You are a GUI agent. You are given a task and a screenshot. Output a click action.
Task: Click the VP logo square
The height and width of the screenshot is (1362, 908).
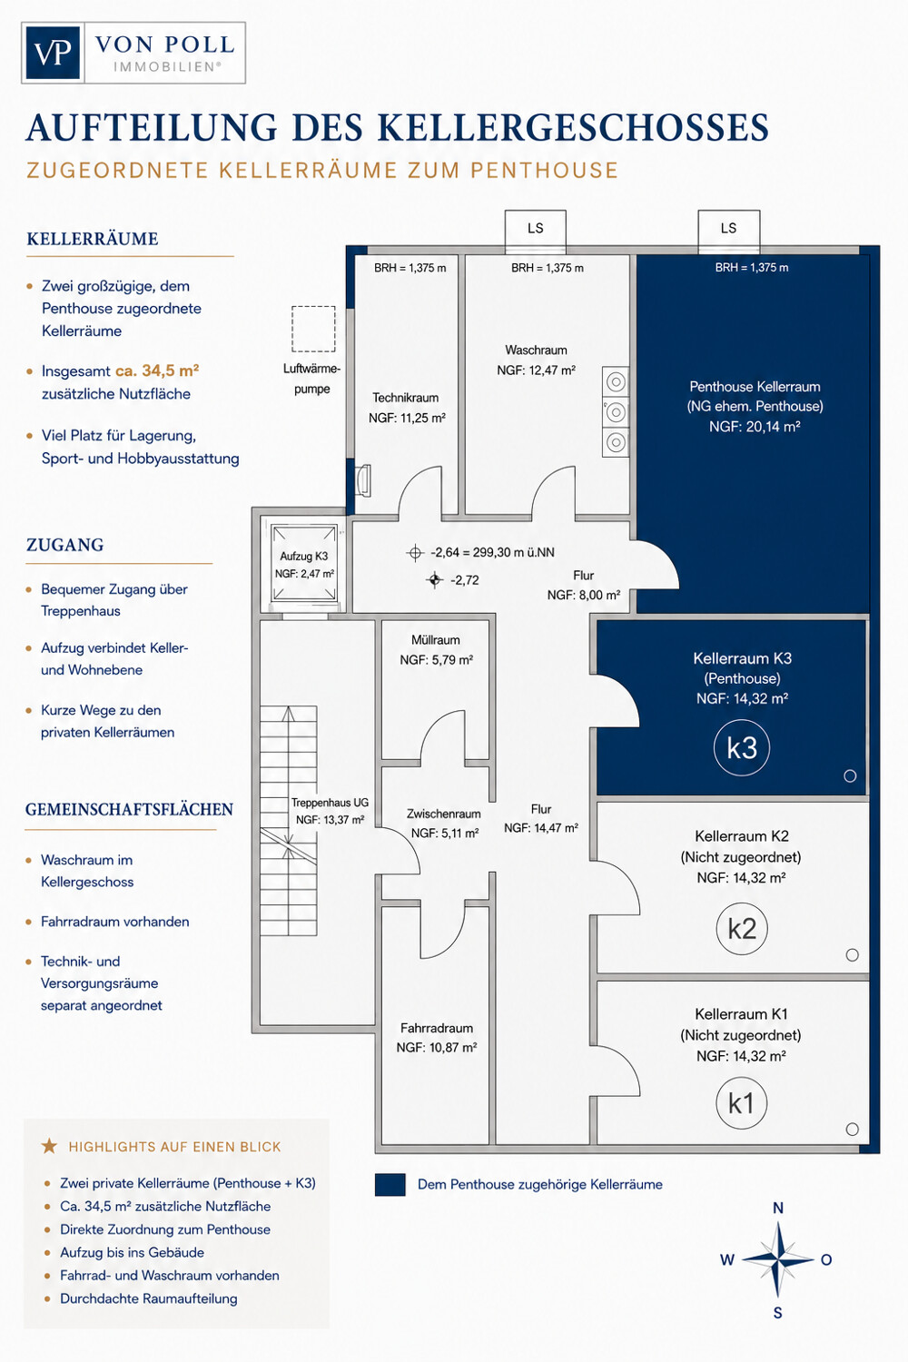pos(53,53)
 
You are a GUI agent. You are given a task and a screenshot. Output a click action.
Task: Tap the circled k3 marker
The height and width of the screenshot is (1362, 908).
pos(741,747)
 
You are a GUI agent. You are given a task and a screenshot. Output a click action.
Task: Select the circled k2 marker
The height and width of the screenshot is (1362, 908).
pos(741,929)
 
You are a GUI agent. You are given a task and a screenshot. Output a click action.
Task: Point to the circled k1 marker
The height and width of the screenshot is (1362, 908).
pos(741,1103)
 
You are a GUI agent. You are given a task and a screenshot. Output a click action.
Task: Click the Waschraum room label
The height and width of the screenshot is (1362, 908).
pos(536,350)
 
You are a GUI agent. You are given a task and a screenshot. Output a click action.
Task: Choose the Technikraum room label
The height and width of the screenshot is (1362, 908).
pos(406,398)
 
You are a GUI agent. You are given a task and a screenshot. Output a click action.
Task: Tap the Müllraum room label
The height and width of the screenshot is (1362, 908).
pos(436,639)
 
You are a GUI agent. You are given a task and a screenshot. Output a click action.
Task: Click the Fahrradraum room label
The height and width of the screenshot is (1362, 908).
pos(437,1028)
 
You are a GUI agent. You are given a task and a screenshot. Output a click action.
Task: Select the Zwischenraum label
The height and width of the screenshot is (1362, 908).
pos(444,814)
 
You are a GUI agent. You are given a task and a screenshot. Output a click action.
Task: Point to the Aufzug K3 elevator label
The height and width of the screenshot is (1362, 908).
pos(303,556)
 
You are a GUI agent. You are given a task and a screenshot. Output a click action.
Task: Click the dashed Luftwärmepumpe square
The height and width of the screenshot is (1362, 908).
pos(313,329)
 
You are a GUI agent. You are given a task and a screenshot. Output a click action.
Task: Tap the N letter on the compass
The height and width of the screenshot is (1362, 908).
pos(778,1208)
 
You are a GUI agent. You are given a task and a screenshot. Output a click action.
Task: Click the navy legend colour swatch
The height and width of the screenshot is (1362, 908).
pos(390,1184)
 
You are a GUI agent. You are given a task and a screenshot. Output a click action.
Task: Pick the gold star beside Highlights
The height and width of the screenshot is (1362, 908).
pos(49,1146)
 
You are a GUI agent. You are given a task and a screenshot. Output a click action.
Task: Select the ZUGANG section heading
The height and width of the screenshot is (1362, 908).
pos(65,545)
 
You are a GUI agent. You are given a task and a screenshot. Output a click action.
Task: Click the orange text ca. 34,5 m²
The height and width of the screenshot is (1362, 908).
pos(157,370)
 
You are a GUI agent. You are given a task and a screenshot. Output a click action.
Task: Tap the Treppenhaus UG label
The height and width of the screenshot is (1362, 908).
pos(330,803)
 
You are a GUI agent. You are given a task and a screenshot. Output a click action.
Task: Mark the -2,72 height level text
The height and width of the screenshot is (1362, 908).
pos(465,580)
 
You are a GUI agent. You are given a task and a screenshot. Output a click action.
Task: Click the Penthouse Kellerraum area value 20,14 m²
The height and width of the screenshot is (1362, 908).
pos(773,427)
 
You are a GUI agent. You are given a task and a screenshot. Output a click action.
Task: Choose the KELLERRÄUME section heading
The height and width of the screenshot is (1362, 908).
pos(93,239)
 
